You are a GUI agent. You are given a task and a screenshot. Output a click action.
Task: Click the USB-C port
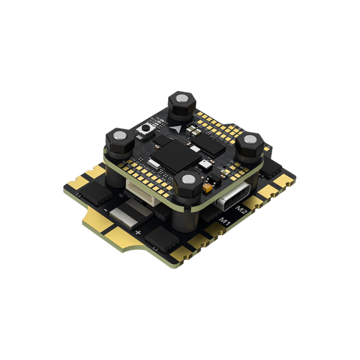pyautogui.click(x=232, y=197)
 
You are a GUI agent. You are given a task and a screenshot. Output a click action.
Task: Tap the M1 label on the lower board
pyautogui.click(x=225, y=222)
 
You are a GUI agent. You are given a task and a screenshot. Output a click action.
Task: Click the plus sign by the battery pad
pyautogui.click(x=138, y=232)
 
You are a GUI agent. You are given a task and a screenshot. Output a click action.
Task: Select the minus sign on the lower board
pyautogui.click(x=105, y=210)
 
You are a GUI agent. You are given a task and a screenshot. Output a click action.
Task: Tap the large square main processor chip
pyautogui.click(x=176, y=156)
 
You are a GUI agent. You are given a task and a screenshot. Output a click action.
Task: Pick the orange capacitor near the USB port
pyautogui.click(x=207, y=188)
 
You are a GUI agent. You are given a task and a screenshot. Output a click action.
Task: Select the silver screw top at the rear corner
pyautogui.click(x=182, y=99)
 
